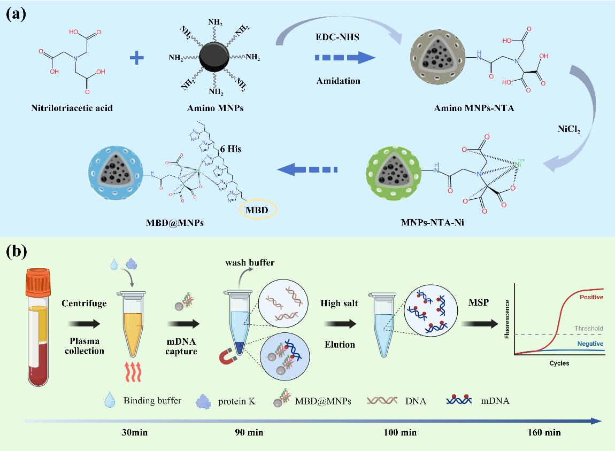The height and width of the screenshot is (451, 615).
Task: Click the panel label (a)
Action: click(16, 14)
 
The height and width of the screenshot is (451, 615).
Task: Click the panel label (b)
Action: click(17, 251)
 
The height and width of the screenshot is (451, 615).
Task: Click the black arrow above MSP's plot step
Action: click(479, 323)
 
